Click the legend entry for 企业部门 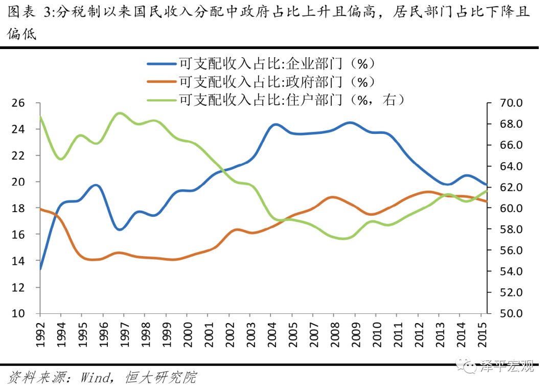pos(277,63)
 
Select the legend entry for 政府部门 pos(277,81)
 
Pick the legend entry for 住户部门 pos(291,99)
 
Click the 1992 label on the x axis pos(40,334)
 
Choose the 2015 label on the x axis pos(482,334)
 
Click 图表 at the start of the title pos(21,11)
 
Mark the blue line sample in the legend pos(162,64)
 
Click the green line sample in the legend pos(162,100)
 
